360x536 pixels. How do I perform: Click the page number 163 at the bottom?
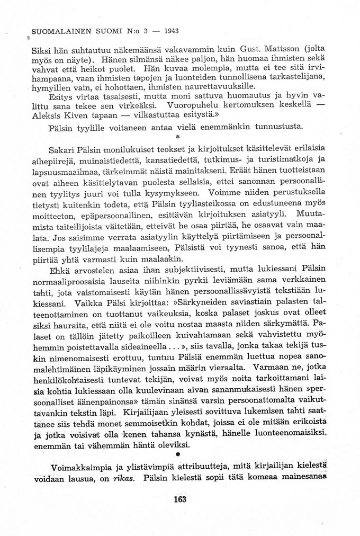(x=181, y=499)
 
